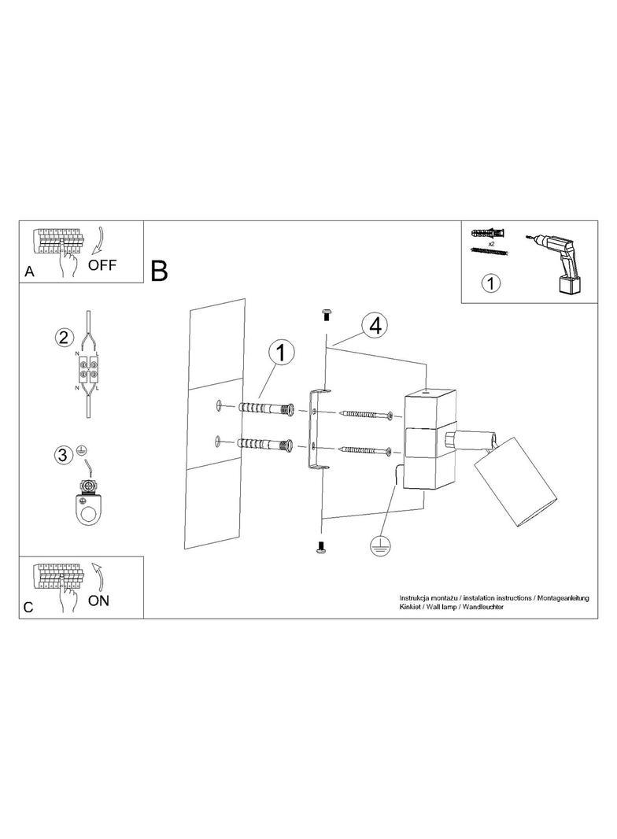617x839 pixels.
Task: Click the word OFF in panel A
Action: pos(102,264)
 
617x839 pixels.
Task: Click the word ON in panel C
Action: pos(99,601)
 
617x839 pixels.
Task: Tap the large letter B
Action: pos(160,271)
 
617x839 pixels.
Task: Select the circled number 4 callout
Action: pos(375,325)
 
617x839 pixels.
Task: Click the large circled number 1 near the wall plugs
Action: pos(282,353)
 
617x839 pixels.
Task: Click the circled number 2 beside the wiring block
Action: pos(64,338)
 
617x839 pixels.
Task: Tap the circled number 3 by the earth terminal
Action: pos(63,456)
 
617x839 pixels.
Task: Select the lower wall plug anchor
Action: pos(264,444)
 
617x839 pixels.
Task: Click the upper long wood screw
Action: pos(367,415)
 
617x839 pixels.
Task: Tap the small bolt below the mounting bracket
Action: pos(322,547)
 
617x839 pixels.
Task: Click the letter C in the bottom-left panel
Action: pos(28,608)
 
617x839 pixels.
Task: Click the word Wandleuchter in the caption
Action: pos(483,607)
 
